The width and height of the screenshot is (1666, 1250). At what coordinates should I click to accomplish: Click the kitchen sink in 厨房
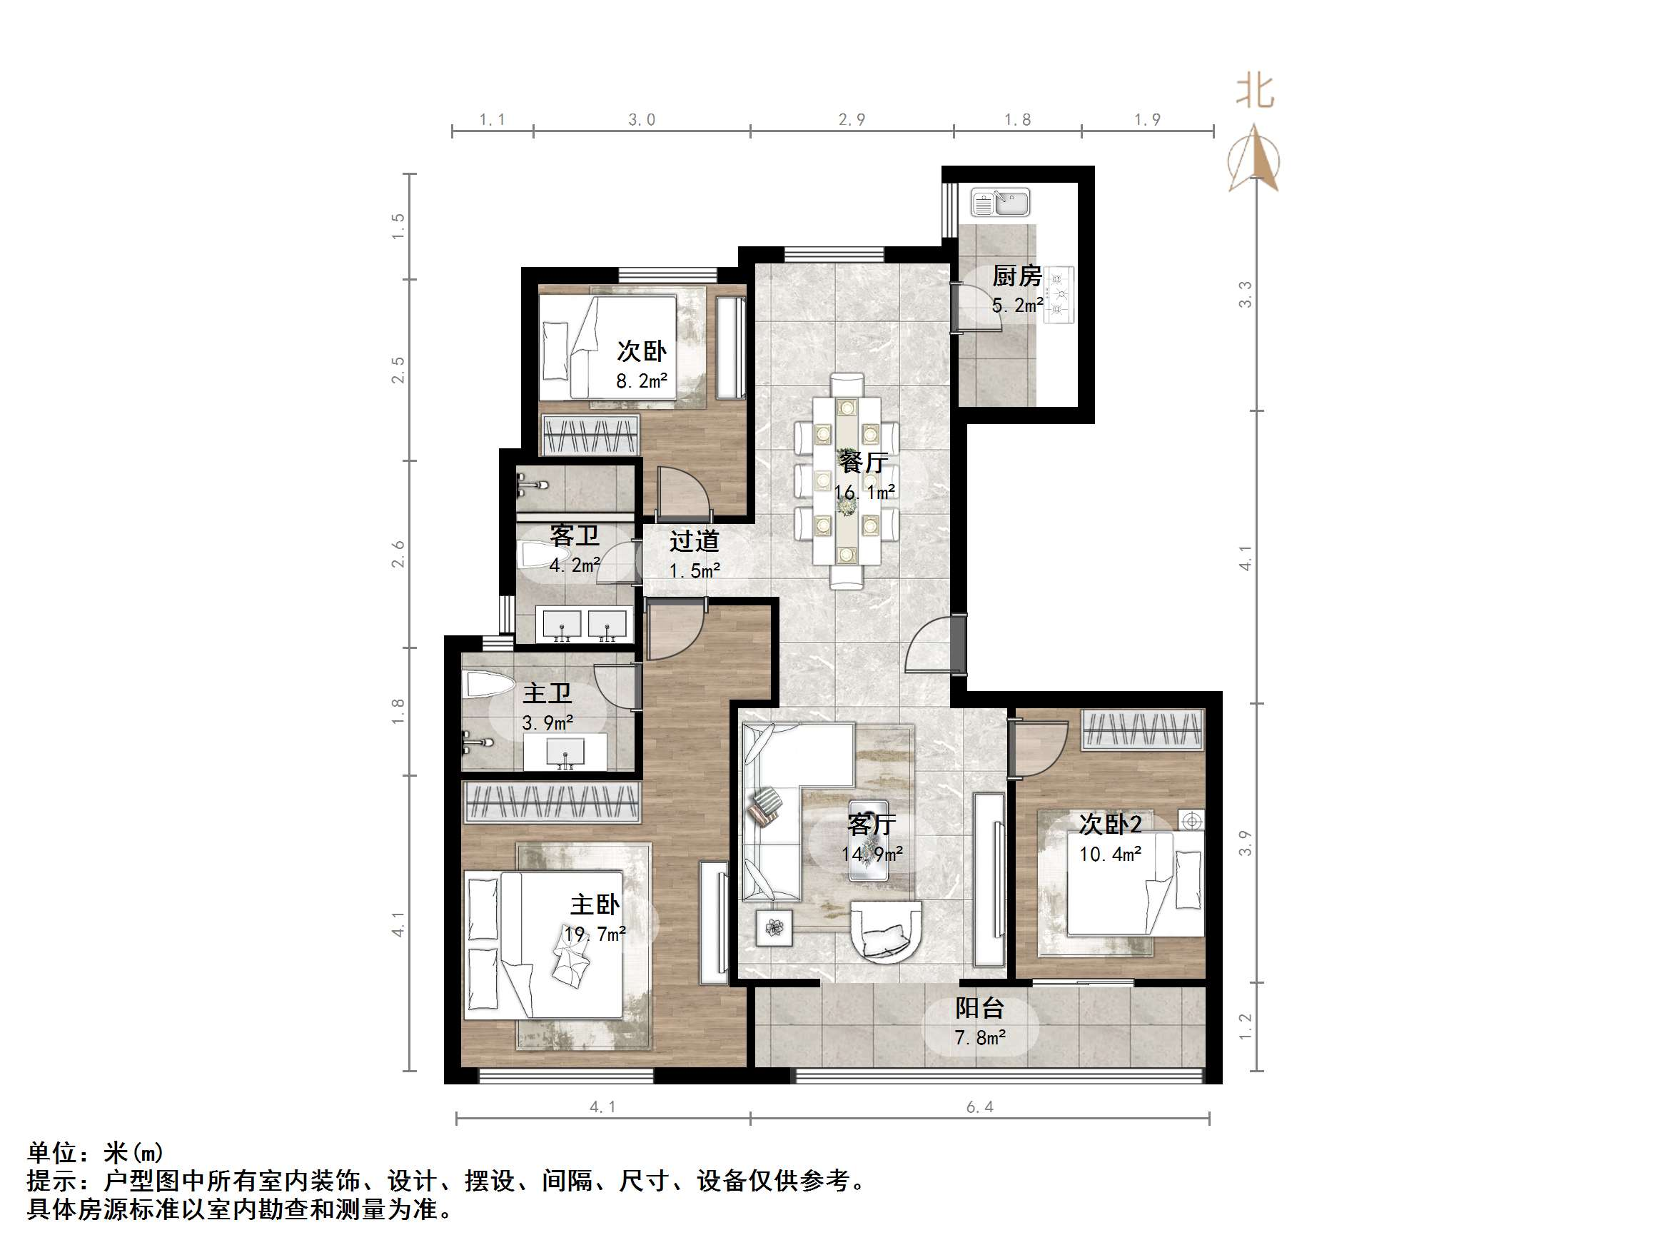pos(999,202)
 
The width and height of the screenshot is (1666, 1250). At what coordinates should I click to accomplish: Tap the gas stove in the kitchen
pos(1059,295)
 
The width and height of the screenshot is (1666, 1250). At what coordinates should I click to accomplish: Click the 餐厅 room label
pos(863,461)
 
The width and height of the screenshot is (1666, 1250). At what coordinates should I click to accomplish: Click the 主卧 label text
pos(595,904)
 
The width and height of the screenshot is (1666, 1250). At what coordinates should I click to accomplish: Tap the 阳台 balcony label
pos(979,1007)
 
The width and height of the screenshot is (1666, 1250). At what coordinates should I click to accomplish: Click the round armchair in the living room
pos(885,932)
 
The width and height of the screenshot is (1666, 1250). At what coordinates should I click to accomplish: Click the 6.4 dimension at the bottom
pos(980,1107)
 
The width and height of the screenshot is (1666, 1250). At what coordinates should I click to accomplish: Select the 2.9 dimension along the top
pos(851,120)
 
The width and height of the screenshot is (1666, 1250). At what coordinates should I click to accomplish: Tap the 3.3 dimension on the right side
pos(1245,294)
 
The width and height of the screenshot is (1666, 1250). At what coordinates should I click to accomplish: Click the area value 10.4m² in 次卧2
pos(1110,855)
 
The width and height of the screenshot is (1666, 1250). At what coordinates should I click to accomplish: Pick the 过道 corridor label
pos(694,541)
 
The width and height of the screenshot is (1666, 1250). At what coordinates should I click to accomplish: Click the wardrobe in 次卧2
pos(1143,730)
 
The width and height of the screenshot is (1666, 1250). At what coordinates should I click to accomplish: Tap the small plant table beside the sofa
pos(774,927)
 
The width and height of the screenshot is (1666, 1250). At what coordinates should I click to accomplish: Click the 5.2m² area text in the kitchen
pos(1016,305)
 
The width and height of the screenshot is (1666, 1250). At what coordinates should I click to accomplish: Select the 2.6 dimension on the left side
pos(398,554)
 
